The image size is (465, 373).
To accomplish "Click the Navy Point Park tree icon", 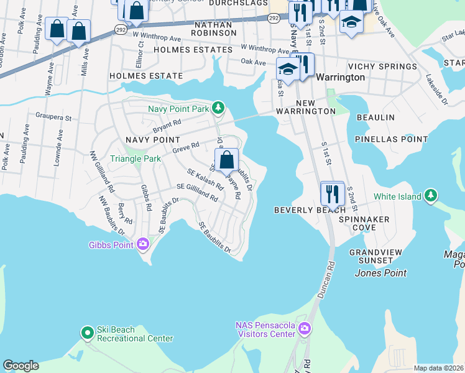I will [x=218, y=109].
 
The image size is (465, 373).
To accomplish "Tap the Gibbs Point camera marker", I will [x=143, y=244].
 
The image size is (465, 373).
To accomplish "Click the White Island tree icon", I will [x=431, y=197].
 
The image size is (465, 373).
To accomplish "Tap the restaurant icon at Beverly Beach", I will [x=333, y=194].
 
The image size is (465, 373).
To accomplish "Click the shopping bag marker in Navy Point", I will [x=227, y=160].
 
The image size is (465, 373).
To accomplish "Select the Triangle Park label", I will [x=136, y=159].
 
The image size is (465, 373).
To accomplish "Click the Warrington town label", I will [x=340, y=78].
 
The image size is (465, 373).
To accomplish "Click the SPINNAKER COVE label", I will [x=364, y=224].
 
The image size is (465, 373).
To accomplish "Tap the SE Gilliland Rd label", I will [x=197, y=192].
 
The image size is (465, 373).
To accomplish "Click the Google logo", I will [x=21, y=366].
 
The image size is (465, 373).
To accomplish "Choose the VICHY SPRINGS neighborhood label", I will [x=382, y=67].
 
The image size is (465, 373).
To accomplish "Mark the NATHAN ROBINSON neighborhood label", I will [x=213, y=28].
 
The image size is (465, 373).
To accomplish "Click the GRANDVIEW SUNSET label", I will [x=371, y=256].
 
